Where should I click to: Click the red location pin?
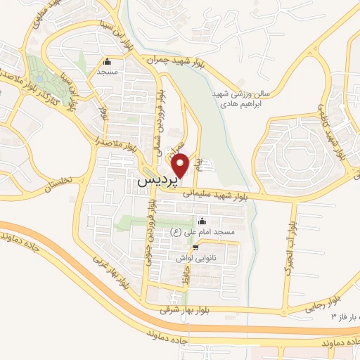pos(182,165)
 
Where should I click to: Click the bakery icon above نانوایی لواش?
pos(195,247)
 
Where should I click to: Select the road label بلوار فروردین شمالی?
pos(160,120)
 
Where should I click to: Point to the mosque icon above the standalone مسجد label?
pos(107,62)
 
